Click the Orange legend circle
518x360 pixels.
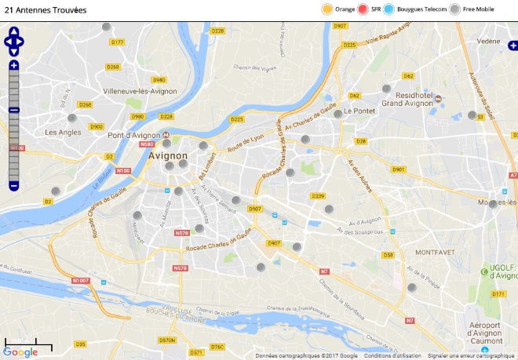point(327,9)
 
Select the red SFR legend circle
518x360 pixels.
point(363,9)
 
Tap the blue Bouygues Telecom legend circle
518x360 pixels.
point(389,9)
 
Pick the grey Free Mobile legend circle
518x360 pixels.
point(454,9)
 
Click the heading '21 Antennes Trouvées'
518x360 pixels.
point(46,9)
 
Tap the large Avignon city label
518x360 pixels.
point(166,155)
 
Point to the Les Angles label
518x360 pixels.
point(63,133)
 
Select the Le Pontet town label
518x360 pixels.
point(359,111)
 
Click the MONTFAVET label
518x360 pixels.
point(436,253)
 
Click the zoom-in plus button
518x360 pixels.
point(13,65)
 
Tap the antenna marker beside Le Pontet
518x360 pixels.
point(338,114)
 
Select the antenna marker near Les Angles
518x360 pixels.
point(72,118)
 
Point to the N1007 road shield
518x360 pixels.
point(80,280)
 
